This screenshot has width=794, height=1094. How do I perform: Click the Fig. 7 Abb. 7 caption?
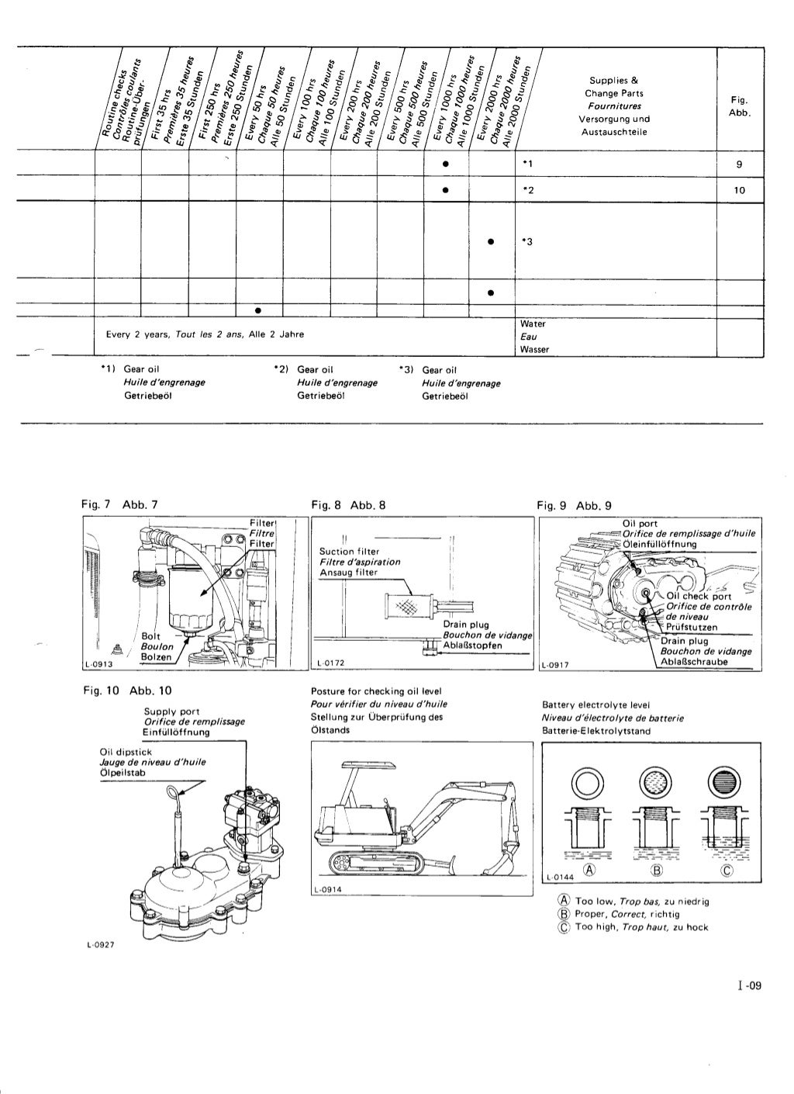tap(119, 505)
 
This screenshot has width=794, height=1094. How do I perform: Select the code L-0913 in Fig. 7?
tap(98, 663)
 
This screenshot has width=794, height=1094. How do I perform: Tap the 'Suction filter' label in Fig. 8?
tap(349, 552)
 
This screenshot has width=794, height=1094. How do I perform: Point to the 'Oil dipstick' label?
tap(126, 752)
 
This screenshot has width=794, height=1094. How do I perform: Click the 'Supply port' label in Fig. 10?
tap(171, 711)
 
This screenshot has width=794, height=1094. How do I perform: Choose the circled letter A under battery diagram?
tap(589, 869)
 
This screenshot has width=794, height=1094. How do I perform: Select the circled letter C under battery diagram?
tap(727, 869)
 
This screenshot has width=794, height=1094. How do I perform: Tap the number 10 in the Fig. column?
tap(739, 190)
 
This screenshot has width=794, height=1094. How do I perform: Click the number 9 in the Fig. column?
tap(740, 164)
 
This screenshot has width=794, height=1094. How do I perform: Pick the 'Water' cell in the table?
tap(533, 324)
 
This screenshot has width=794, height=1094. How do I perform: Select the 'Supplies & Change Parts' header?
tap(613, 87)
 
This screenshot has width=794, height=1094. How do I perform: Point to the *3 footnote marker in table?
tap(526, 242)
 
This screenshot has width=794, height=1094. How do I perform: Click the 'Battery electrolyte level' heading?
tap(595, 705)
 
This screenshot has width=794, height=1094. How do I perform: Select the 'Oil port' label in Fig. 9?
tap(640, 523)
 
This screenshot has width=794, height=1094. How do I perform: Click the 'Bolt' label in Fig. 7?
tap(150, 637)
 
